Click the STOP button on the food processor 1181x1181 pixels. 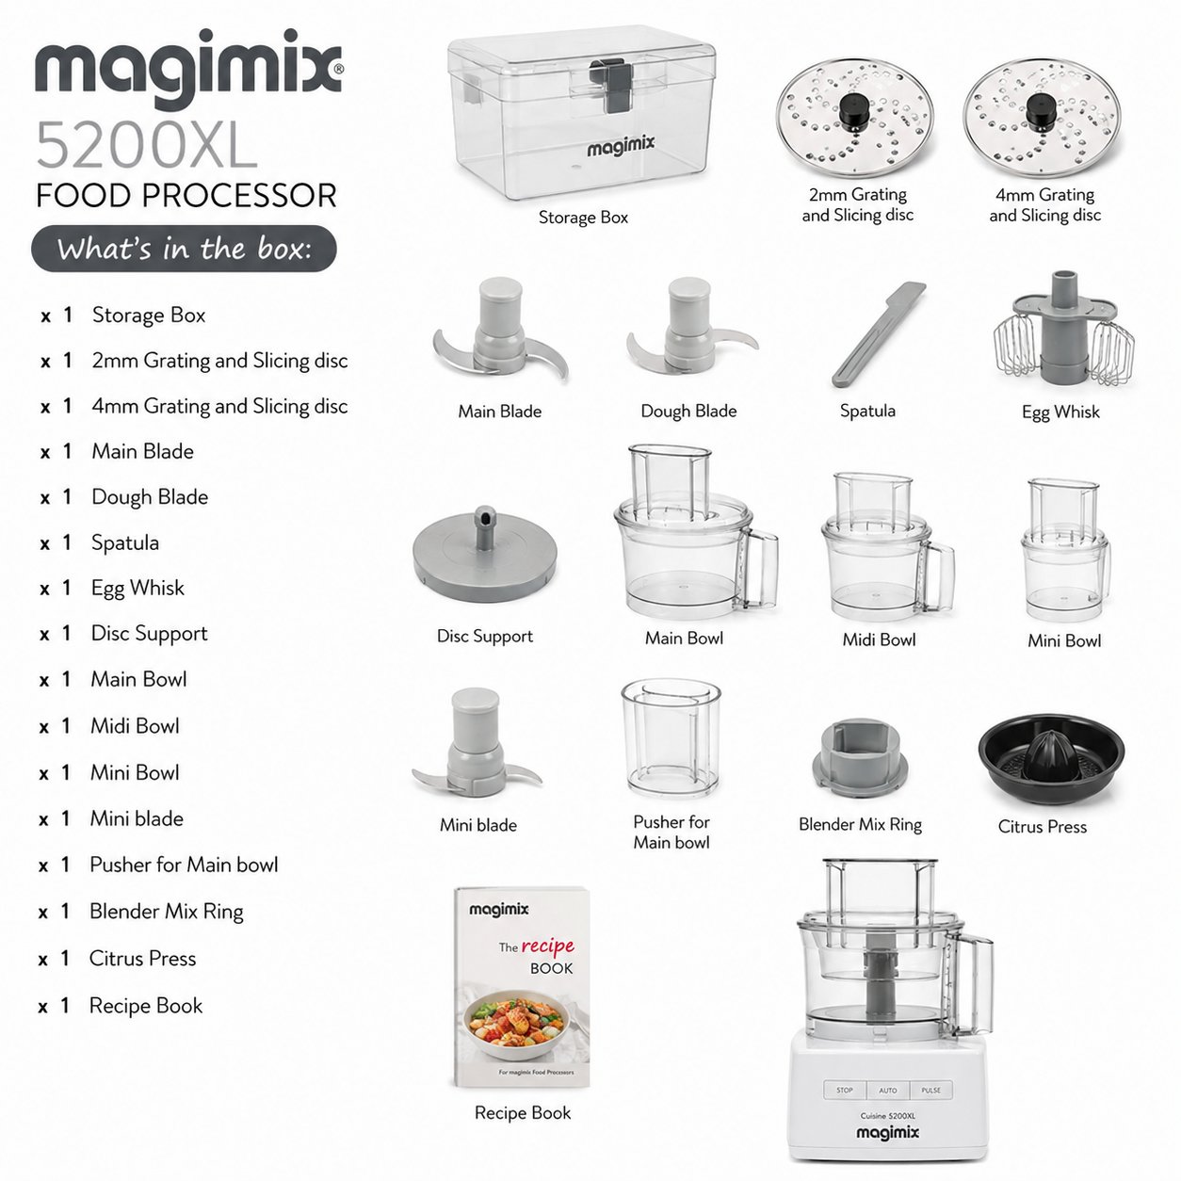click(845, 1091)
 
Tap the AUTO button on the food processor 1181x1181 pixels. click(887, 1091)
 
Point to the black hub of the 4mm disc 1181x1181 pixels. click(1041, 112)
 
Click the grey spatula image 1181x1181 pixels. click(878, 334)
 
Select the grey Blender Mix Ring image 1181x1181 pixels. click(860, 759)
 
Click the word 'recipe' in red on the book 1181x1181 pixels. click(548, 946)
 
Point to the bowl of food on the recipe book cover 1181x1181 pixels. click(517, 1025)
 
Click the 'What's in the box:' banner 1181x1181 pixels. click(184, 249)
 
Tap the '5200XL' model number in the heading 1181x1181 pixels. click(147, 146)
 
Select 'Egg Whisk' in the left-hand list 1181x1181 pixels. click(138, 588)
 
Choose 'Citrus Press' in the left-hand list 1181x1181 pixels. click(142, 958)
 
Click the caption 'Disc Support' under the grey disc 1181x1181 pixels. click(485, 636)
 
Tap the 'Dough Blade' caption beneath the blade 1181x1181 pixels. click(688, 411)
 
